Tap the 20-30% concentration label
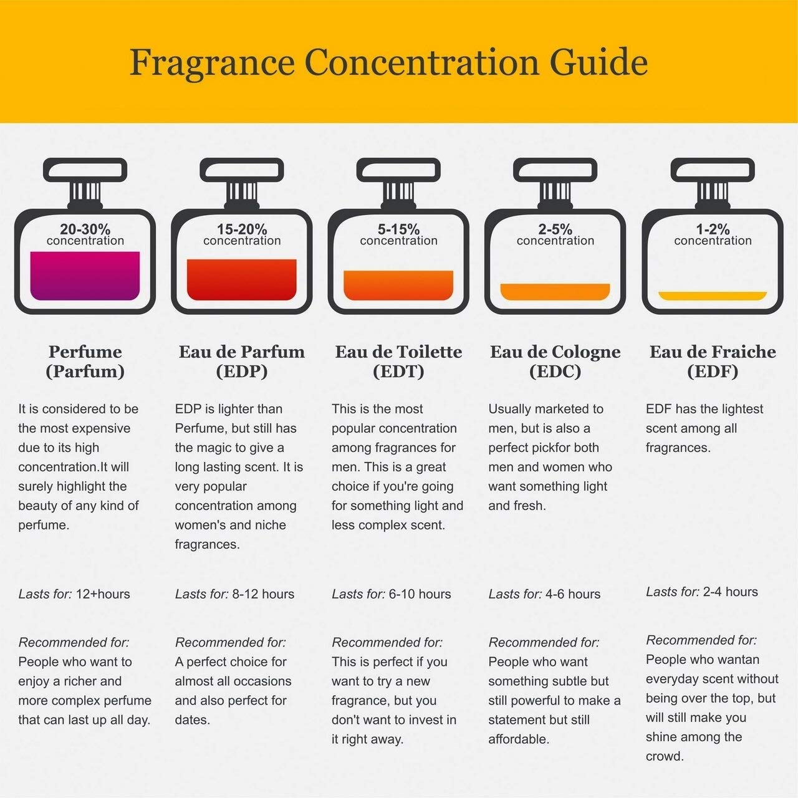(85, 234)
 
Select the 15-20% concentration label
(242, 234)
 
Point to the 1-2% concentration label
(713, 234)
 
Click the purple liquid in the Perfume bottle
(85, 275)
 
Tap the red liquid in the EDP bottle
(242, 279)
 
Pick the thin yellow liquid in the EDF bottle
(713, 296)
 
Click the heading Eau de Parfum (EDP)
(242, 361)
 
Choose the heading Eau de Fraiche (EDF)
(713, 361)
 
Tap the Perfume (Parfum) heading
(85, 361)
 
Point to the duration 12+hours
(103, 594)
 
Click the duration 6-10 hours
(420, 594)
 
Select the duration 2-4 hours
(730, 592)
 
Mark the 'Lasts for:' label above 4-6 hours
(515, 594)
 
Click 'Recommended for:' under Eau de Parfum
(230, 642)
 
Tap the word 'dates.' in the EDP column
(193, 719)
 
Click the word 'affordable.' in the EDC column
(519, 739)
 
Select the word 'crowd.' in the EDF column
(665, 756)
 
